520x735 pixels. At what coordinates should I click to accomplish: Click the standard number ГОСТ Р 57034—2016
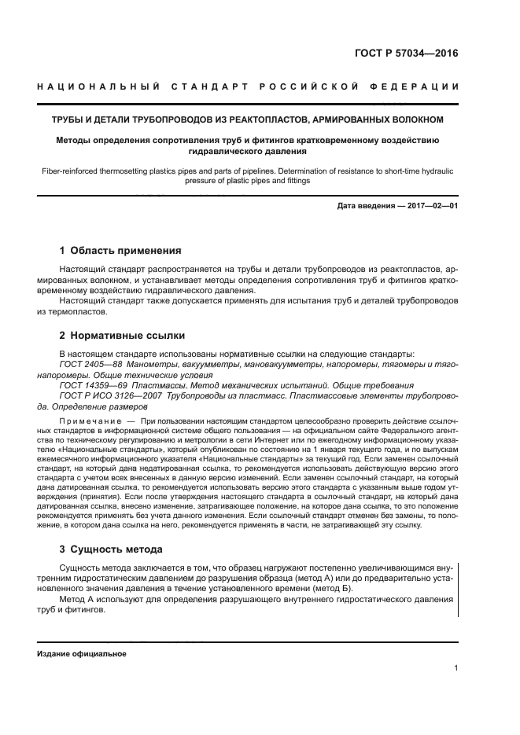407,55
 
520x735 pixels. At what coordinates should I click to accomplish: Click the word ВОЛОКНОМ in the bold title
414,119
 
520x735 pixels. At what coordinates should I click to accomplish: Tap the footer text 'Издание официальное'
81,653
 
